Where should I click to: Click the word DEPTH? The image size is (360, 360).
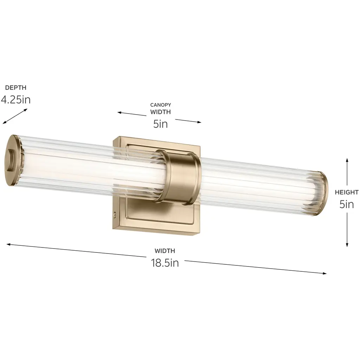coord(15,88)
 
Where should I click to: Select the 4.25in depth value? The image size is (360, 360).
coord(15,99)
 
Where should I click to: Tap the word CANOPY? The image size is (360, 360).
coord(160,105)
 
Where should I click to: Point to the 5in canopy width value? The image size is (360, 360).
coord(160,124)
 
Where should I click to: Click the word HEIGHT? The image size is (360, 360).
coord(347,192)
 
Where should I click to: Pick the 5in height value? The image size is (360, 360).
coord(347,204)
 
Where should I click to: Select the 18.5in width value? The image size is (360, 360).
coord(165,263)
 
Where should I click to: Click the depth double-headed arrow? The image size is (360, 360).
coord(15,116)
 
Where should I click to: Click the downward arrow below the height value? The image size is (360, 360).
coord(347,230)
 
